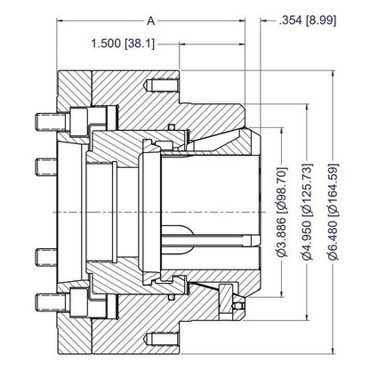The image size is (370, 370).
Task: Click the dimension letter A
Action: (151, 21)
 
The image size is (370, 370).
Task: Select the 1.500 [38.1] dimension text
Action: (123, 44)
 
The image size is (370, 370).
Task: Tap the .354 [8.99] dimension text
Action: (308, 20)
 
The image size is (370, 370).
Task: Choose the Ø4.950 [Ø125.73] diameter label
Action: (308, 212)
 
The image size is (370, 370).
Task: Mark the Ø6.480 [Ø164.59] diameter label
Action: (334, 212)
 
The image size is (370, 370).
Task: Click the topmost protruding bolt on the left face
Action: (51, 122)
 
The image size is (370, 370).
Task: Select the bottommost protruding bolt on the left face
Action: (51, 302)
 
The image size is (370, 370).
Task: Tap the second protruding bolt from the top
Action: (46, 167)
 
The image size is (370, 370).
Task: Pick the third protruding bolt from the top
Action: (46, 257)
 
